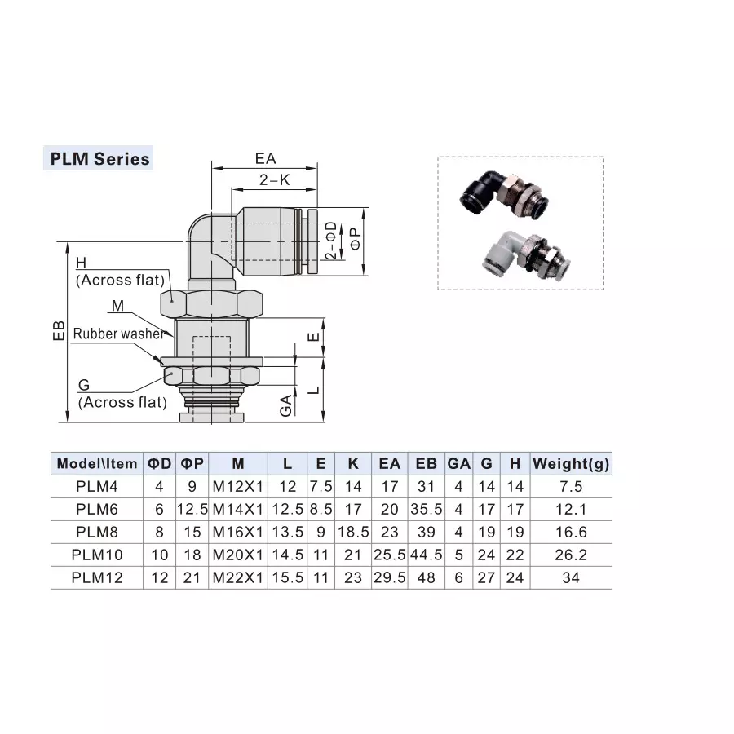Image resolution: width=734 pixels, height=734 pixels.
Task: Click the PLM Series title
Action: [x=99, y=158]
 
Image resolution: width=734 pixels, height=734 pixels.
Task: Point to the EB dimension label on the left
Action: [x=58, y=330]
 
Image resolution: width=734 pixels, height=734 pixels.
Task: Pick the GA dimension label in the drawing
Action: [x=285, y=404]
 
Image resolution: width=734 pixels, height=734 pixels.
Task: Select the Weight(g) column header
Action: [x=571, y=464]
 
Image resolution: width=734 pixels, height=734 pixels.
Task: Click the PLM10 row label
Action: [x=96, y=555]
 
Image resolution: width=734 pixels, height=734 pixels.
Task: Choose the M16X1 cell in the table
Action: [x=237, y=533]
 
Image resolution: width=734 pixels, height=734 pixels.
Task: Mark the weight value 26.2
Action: [x=571, y=555]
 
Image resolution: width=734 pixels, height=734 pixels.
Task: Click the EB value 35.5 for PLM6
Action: [x=426, y=510]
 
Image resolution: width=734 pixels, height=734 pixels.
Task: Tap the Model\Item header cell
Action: [x=96, y=464]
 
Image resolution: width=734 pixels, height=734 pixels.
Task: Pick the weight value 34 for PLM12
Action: [x=571, y=578]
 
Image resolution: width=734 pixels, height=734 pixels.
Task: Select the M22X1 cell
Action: [x=237, y=578]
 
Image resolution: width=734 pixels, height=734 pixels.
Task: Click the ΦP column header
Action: [x=192, y=464]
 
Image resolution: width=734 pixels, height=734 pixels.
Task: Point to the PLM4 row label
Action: [x=96, y=487]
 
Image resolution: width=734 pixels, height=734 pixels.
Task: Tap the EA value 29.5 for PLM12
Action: [x=389, y=578]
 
